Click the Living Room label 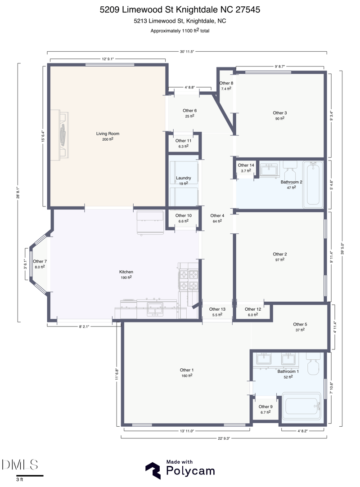coord(108,134)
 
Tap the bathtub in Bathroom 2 coord(313,184)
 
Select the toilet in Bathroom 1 coord(313,365)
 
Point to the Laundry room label coord(183,178)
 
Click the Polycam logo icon coord(153,470)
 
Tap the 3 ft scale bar coord(30,475)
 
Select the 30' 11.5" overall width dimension coord(186,52)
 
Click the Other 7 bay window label coord(40,261)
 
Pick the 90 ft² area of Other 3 coord(279,119)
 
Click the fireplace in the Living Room coord(63,135)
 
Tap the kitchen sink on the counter coord(156,309)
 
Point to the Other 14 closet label coord(246,165)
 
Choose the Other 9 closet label coord(265,407)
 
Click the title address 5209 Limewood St coord(180,9)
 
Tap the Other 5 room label coord(300,324)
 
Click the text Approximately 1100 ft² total coord(180,31)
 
